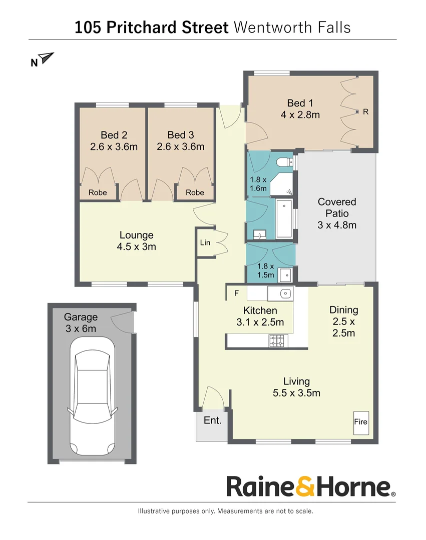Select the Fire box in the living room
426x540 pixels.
360,421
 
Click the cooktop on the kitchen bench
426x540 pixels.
277,340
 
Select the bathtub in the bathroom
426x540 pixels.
284,218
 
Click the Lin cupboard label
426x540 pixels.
205,242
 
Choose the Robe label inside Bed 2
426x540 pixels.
98,192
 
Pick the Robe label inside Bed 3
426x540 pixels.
195,192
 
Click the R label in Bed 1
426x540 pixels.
365,112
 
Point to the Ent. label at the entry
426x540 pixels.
212,420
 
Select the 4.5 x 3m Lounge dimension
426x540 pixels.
136,246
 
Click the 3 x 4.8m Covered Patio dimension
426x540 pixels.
337,224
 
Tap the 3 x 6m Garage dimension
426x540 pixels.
80,328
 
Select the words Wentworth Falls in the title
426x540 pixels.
292,27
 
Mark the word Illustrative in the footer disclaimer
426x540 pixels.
155,511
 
